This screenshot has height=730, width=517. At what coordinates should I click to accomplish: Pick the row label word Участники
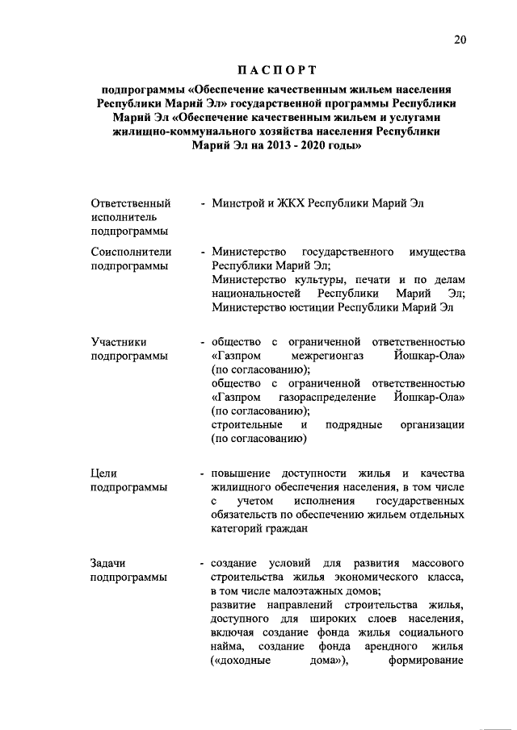click(x=119, y=342)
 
